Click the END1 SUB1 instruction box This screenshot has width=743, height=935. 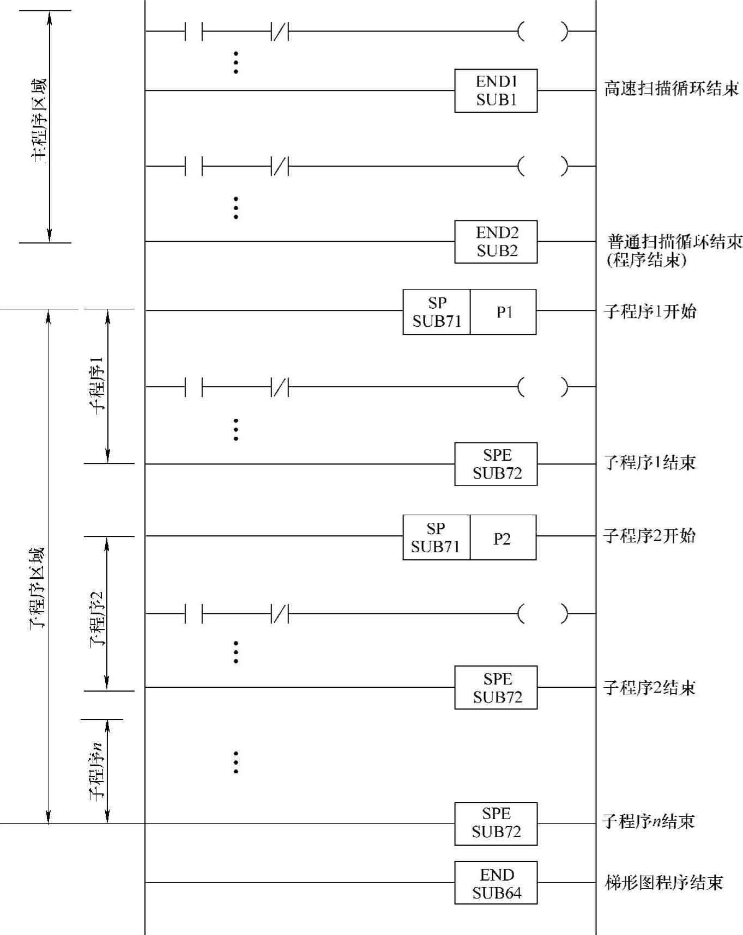(496, 91)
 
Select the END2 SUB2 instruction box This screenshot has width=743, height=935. (496, 242)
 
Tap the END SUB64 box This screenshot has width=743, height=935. (496, 883)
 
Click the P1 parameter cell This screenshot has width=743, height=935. (503, 312)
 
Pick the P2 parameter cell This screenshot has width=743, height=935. (503, 538)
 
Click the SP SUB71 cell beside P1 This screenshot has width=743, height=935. (437, 312)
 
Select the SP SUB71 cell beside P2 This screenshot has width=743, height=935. (436, 537)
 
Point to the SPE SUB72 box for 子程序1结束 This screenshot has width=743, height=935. (496, 464)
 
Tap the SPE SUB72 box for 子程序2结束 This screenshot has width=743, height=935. (496, 687)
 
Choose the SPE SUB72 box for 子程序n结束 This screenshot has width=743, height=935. (496, 823)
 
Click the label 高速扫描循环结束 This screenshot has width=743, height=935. (671, 88)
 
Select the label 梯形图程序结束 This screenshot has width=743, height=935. (664, 882)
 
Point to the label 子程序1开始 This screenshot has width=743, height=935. (650, 311)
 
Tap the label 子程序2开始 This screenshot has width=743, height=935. (649, 536)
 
